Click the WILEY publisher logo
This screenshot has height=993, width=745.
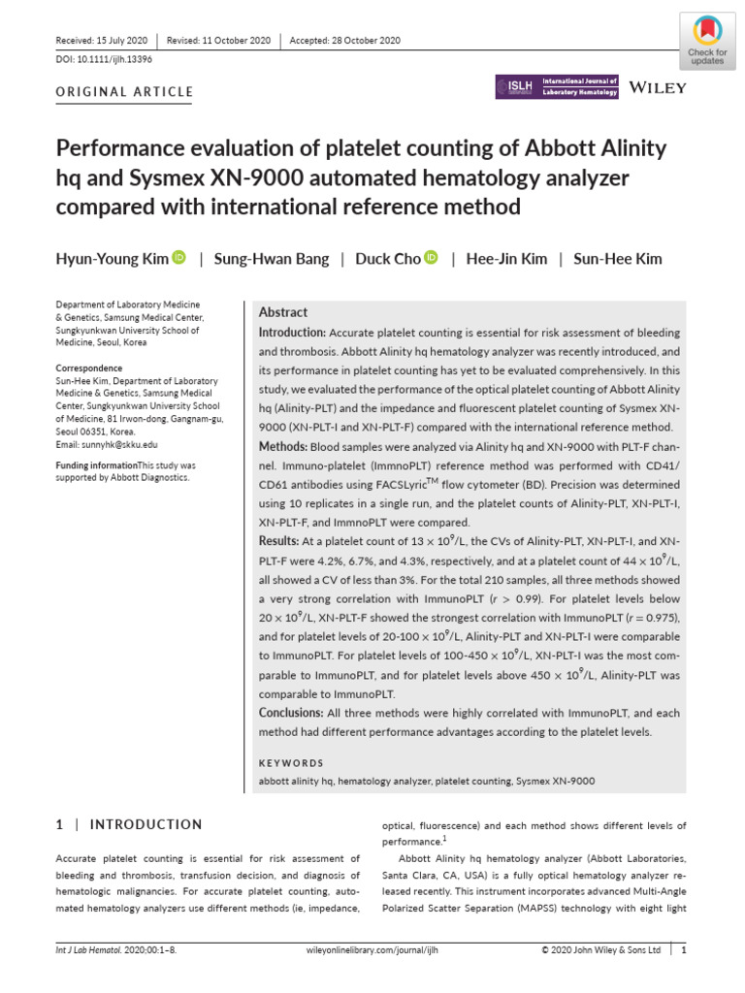point(658,88)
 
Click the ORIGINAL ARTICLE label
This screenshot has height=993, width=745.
point(125,93)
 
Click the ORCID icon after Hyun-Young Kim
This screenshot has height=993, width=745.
point(178,258)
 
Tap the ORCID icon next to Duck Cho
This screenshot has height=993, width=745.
point(432,258)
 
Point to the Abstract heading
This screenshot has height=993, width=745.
point(283,312)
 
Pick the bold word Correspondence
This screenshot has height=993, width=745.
point(89,368)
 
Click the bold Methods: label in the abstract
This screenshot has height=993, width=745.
point(282,446)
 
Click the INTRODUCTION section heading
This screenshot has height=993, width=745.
point(146,824)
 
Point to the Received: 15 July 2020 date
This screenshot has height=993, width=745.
point(102,41)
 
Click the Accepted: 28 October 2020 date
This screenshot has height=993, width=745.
point(344,41)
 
